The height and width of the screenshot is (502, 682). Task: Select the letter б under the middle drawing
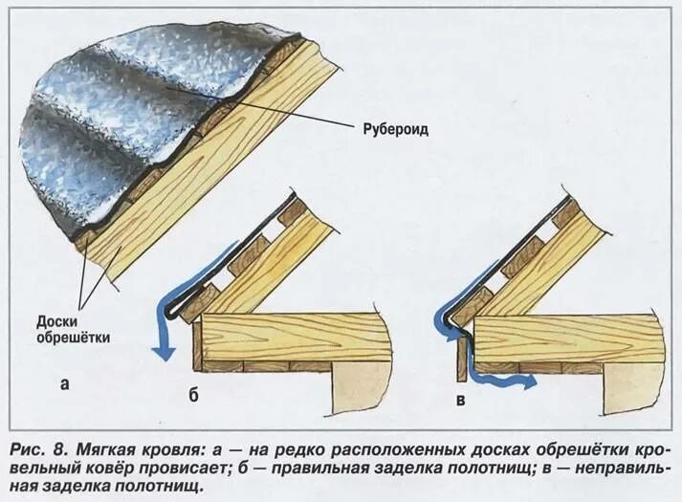(x=192, y=397)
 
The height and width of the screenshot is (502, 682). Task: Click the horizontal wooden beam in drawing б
(x=297, y=338)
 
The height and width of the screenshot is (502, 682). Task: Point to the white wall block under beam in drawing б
(x=359, y=387)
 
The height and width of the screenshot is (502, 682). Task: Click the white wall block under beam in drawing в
(x=632, y=387)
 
